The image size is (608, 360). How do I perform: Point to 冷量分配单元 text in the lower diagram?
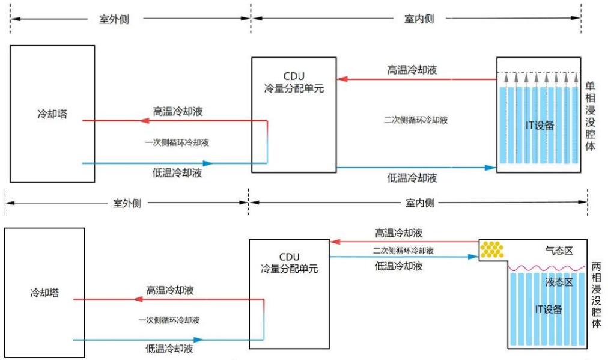pyautogui.click(x=290, y=269)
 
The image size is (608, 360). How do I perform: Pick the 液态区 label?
pyautogui.click(x=558, y=282)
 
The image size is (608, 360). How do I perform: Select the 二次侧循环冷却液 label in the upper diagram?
pyautogui.click(x=416, y=120)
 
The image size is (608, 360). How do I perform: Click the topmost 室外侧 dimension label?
pyautogui.click(x=114, y=19)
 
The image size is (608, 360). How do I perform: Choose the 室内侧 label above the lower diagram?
pyautogui.click(x=419, y=203)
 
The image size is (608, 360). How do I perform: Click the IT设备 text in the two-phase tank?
pyautogui.click(x=548, y=310)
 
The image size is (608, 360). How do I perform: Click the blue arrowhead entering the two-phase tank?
pyautogui.click(x=473, y=256)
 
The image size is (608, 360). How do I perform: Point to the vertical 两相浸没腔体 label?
pyautogui.click(x=596, y=294)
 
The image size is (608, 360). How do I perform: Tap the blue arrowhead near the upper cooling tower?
pyautogui.click(x=208, y=163)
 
